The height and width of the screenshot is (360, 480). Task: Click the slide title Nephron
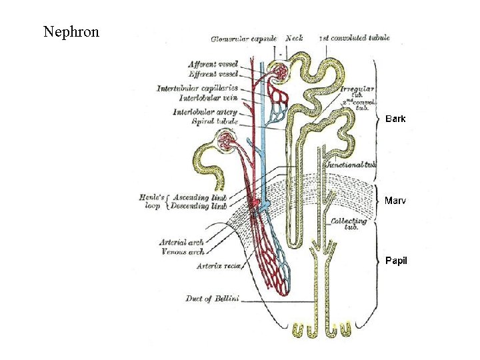click(x=71, y=31)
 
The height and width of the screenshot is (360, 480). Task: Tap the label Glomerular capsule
click(x=243, y=39)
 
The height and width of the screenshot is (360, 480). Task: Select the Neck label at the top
click(x=294, y=39)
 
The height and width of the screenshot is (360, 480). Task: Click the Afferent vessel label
click(x=213, y=65)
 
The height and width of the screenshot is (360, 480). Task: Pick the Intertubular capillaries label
click(x=197, y=88)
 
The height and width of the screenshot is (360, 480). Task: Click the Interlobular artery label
click(x=205, y=112)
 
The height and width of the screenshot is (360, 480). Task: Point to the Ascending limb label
click(x=199, y=198)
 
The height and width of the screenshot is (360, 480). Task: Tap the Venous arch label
click(x=182, y=252)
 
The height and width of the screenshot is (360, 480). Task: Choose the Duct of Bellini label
click(x=212, y=299)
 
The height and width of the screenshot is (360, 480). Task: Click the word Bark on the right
click(x=395, y=119)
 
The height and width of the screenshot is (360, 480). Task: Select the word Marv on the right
click(x=395, y=200)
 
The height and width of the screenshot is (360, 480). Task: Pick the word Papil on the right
click(x=396, y=260)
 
